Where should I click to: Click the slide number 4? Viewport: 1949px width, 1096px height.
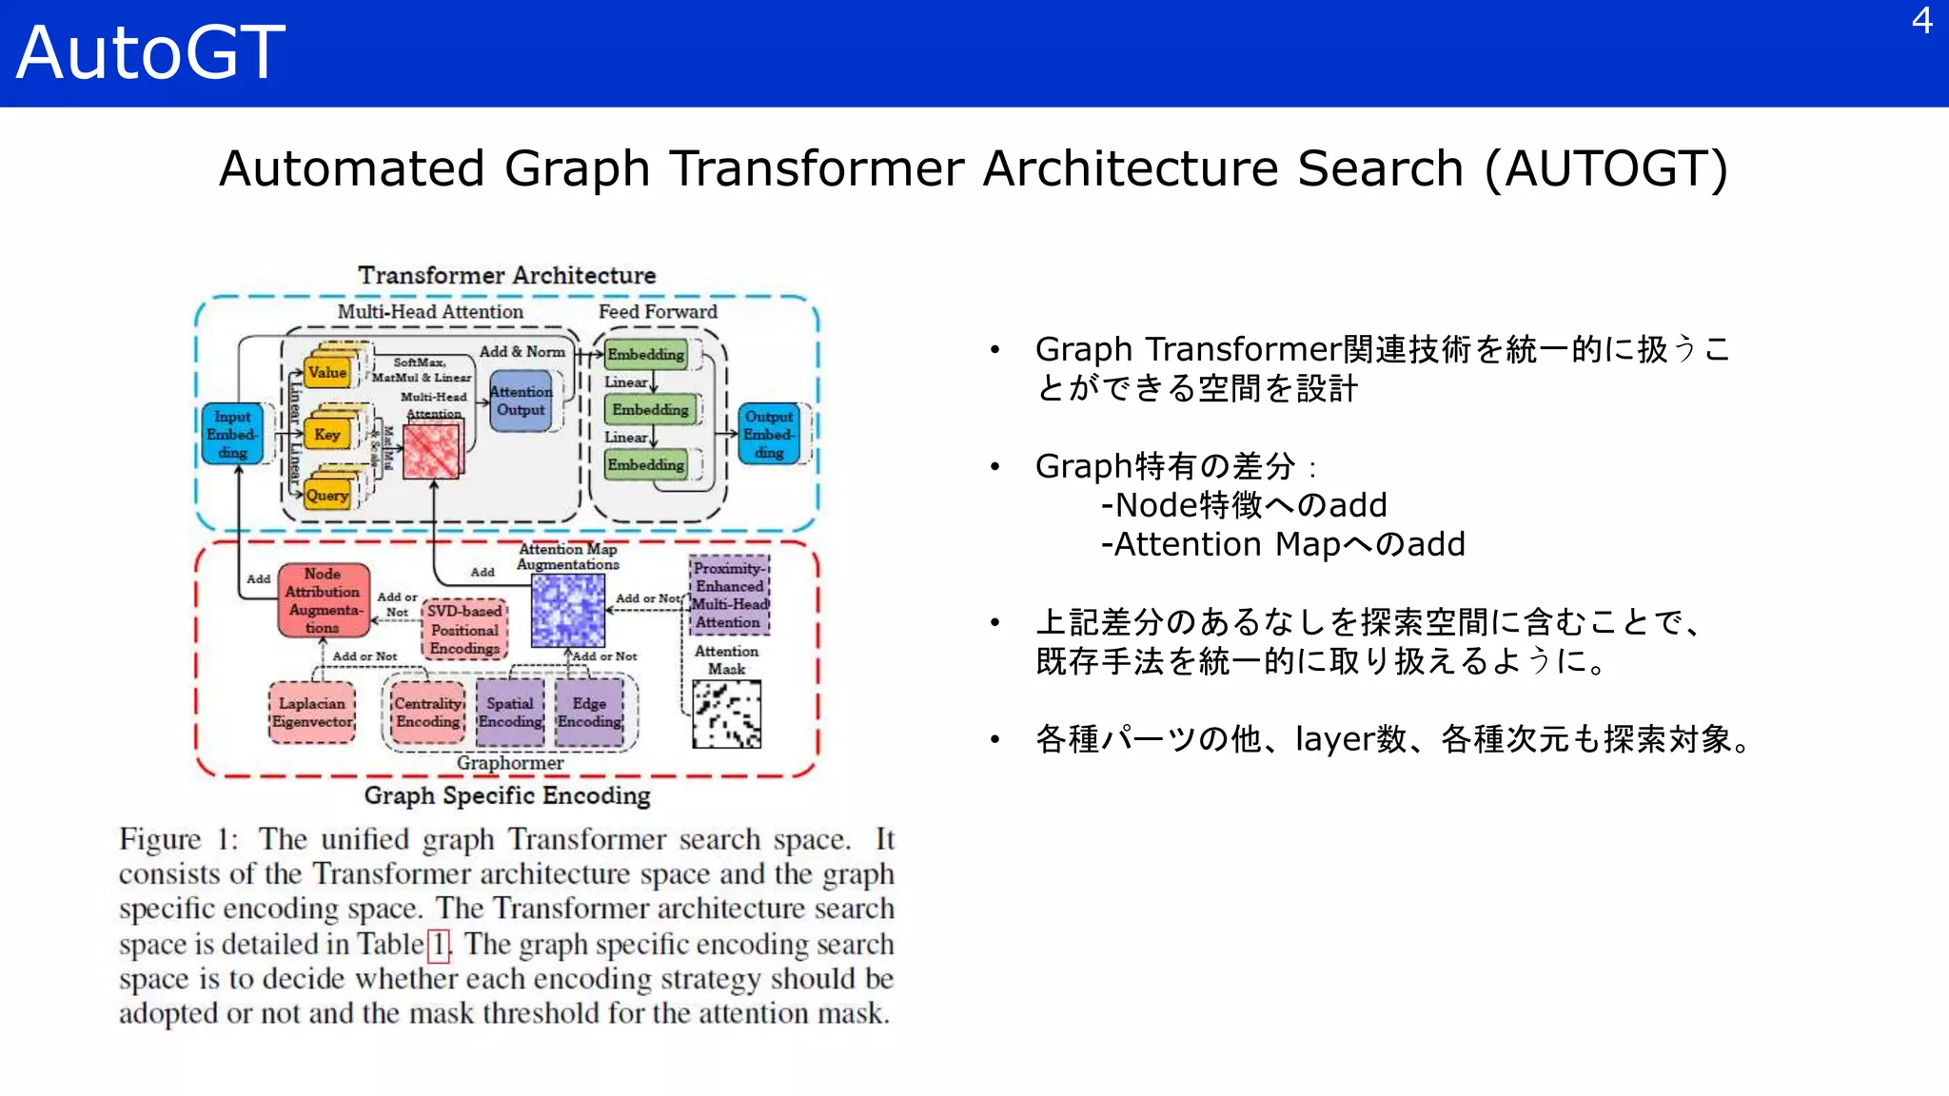coord(1921,21)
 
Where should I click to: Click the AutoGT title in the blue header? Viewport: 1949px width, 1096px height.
coord(150,52)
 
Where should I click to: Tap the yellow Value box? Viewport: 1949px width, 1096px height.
coord(327,373)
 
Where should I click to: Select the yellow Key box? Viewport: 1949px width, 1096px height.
coord(327,435)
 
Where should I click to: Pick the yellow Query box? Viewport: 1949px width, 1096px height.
coord(327,496)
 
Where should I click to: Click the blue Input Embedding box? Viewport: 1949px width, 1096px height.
coord(232,434)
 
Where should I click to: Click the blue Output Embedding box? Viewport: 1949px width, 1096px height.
coord(769,434)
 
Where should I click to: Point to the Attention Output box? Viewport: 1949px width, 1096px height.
coord(521,401)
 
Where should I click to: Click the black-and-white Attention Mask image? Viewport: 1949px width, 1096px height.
coord(726,714)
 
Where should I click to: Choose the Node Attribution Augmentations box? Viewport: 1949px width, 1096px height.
coord(324,600)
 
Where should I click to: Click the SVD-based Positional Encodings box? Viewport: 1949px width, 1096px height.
coord(464,630)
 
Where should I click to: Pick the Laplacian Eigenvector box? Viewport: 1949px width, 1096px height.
coord(312,713)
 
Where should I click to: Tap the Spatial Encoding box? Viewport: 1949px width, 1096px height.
coord(510,713)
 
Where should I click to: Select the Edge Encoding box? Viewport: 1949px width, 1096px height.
coord(589,713)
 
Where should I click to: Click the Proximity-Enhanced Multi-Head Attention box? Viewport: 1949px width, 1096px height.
coord(728,596)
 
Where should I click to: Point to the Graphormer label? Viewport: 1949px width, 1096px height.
coord(510,763)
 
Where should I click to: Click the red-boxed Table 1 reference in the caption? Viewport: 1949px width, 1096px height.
coord(439,945)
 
